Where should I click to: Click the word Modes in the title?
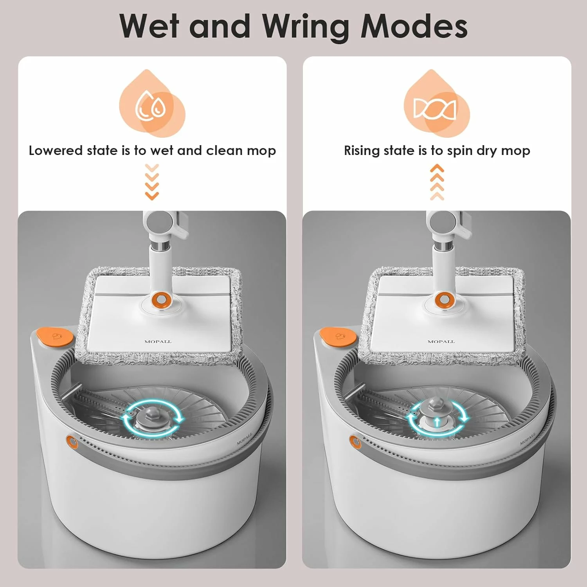point(414,27)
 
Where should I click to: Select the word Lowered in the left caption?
point(56,151)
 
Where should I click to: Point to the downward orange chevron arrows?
point(152,182)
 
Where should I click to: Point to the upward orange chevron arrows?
point(437,182)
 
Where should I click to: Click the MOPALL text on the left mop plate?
point(158,342)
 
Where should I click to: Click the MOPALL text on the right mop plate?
point(441,342)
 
